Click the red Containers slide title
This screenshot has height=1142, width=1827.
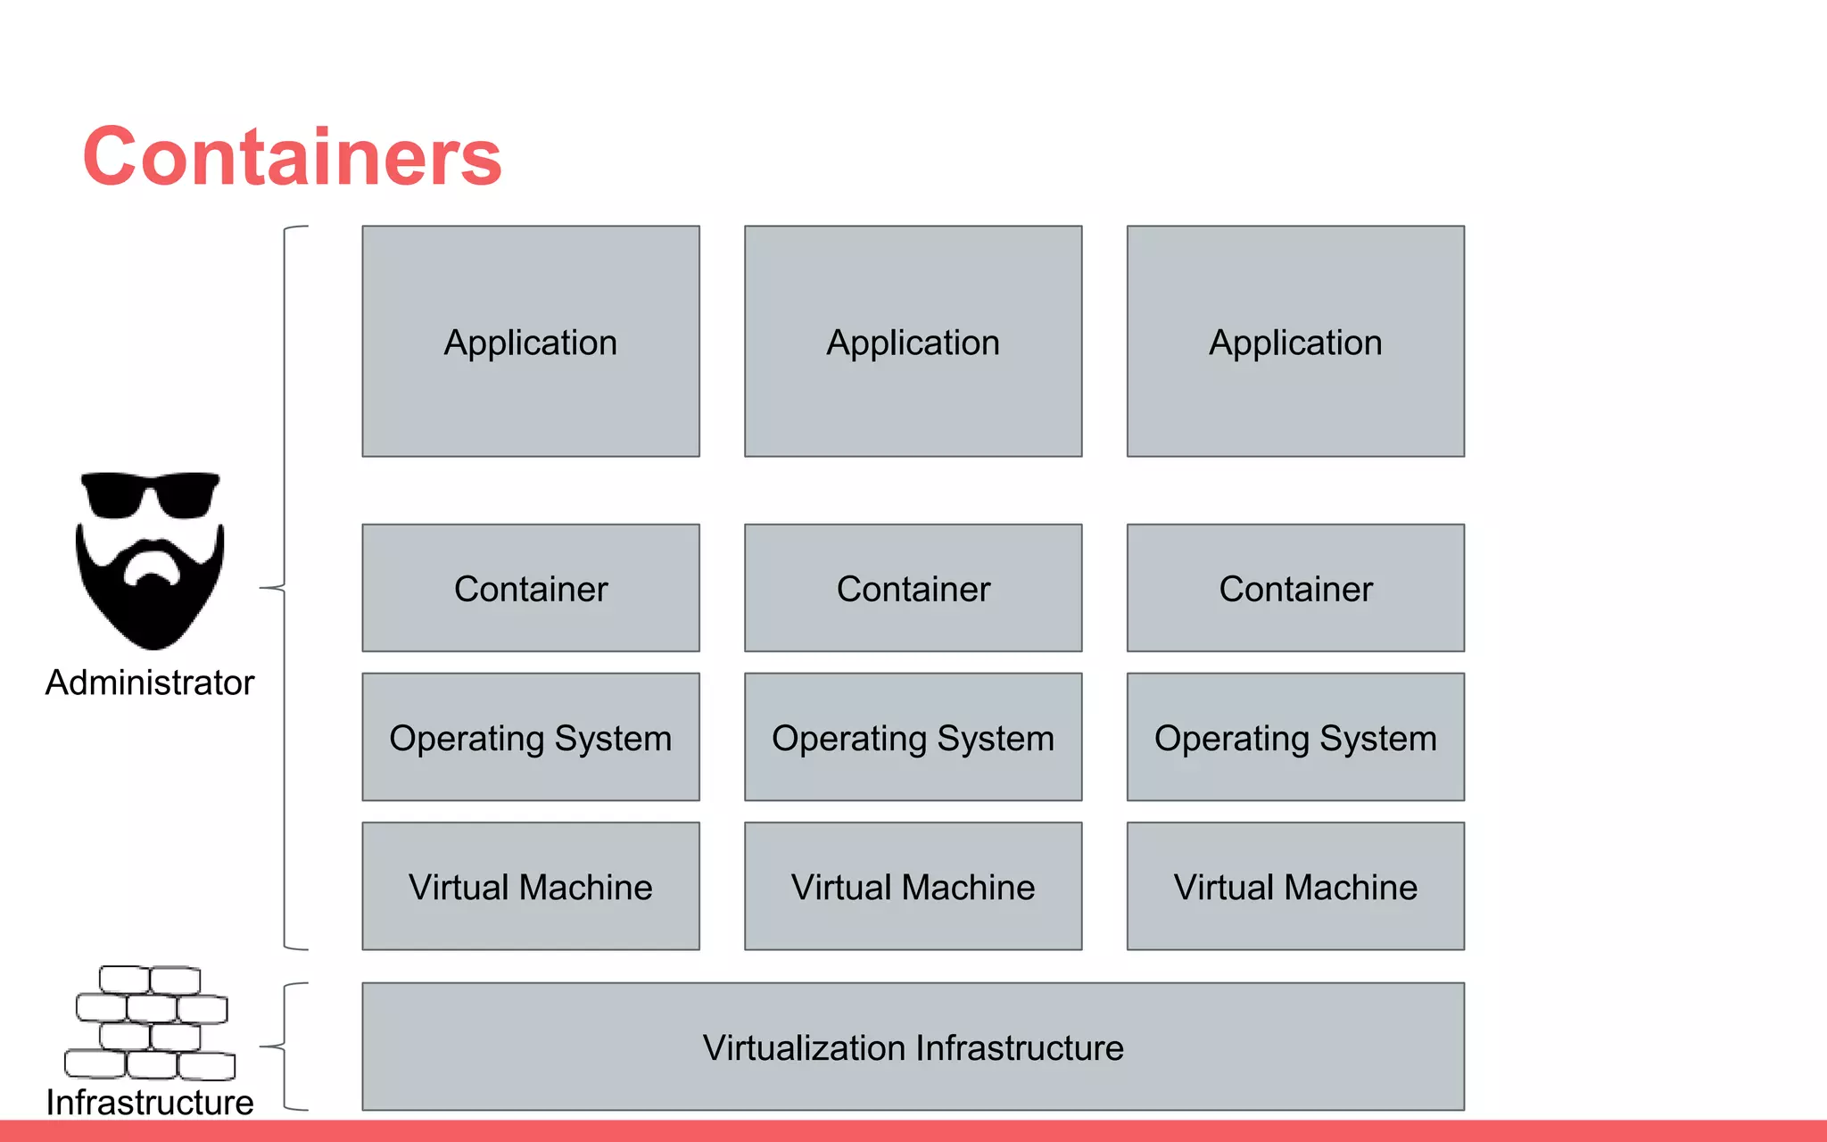pos(293,157)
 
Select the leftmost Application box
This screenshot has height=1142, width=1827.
pos(531,342)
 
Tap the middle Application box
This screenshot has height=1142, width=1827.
pos(913,342)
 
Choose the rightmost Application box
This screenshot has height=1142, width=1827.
pos(1295,342)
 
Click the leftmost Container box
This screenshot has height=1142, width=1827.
pos(531,588)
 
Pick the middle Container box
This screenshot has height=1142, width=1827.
pos(913,588)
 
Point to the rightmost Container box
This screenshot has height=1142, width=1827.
pos(1295,588)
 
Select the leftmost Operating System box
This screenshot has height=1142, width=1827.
pos(531,737)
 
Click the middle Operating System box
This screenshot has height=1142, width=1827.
pos(913,737)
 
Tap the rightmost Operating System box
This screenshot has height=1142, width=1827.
pos(1295,737)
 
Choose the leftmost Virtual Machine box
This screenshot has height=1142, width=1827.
pos(531,886)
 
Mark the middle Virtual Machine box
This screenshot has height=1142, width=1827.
pos(913,886)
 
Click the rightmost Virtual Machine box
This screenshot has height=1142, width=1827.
pos(1295,886)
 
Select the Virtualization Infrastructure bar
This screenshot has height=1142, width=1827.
pos(913,1047)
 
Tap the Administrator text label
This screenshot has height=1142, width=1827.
pos(150,683)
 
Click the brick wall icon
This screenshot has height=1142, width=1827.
pos(150,1022)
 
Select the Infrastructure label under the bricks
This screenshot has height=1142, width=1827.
pos(150,1102)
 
